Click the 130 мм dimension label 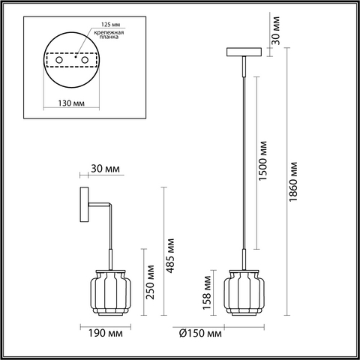71,103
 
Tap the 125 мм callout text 110,25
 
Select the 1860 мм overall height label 293,181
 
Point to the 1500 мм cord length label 262,160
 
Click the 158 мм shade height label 207,292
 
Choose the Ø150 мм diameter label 200,333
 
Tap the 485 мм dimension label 170,256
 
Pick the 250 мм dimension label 150,282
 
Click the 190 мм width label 106,333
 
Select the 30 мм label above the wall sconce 105,169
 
